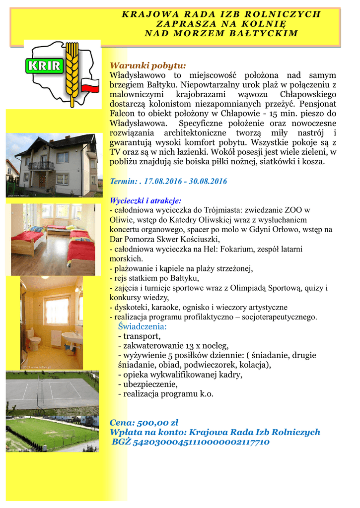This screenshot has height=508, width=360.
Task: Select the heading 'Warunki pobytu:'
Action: [147, 65]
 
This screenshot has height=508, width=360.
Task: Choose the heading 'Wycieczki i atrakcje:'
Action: [145, 200]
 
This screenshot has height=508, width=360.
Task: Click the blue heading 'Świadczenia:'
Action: [143, 326]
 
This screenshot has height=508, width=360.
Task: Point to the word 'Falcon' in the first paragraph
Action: [121, 114]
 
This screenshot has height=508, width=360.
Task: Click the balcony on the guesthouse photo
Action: [42, 166]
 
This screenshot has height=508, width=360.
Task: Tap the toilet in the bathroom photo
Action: [34, 340]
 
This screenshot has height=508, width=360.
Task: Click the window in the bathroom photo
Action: [57, 310]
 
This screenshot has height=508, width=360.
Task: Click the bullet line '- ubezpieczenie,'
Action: [147, 384]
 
